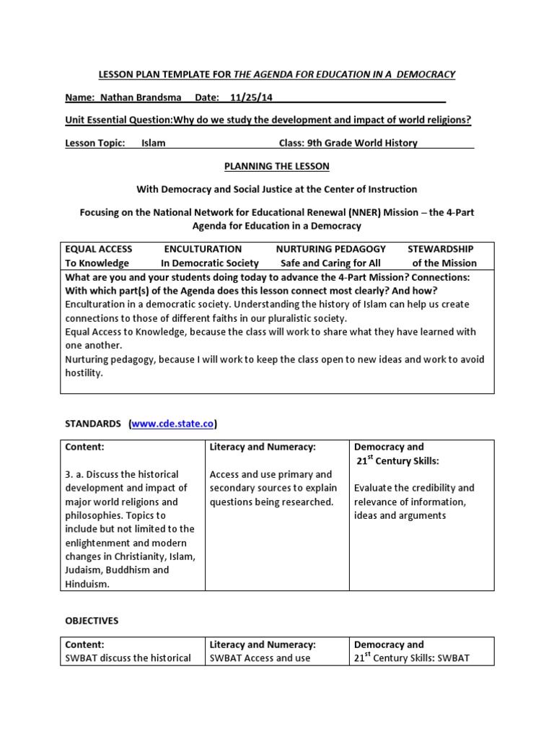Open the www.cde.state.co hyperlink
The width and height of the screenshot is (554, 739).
174,423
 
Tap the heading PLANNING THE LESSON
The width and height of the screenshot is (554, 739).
277,166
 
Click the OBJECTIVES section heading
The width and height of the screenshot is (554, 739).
92,621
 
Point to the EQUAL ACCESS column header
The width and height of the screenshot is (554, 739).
99,249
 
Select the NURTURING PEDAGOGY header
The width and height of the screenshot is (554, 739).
331,249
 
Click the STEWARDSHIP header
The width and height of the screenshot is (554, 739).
440,249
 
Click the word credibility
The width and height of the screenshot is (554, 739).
434,488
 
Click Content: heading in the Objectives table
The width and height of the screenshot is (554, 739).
84,644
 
